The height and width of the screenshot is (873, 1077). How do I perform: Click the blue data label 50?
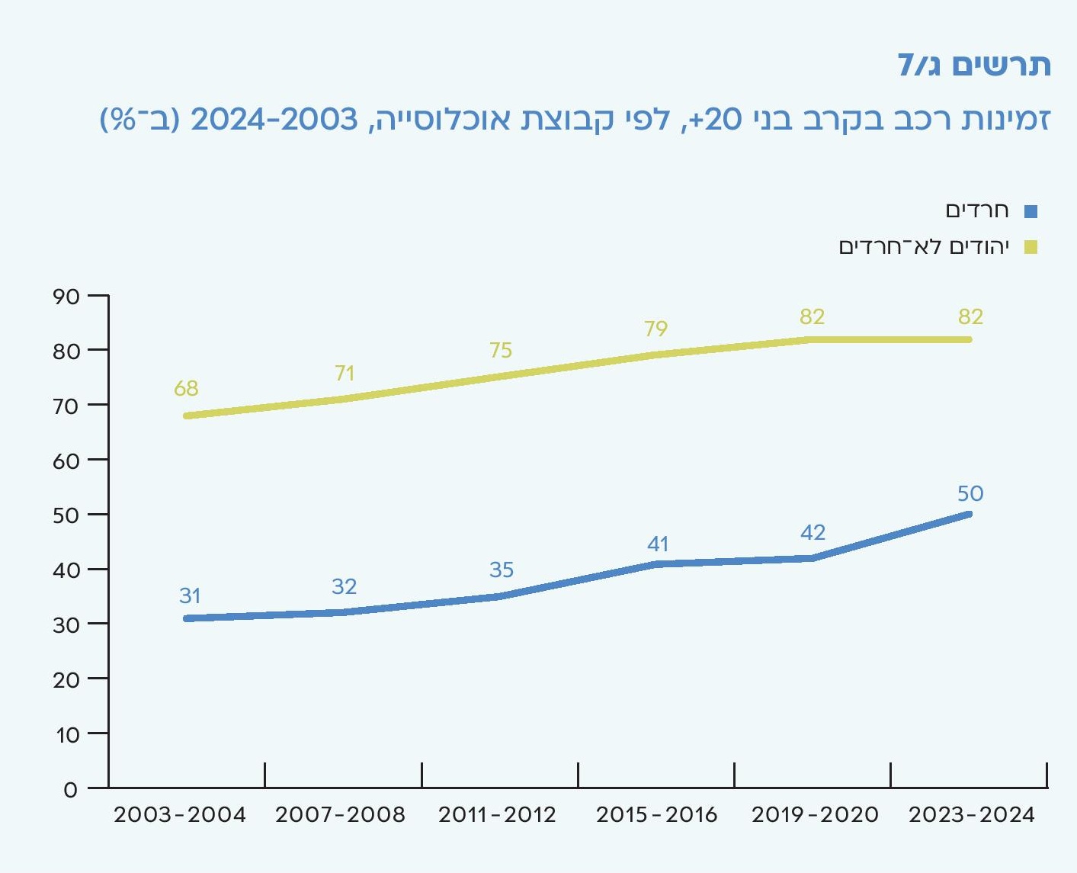pos(970,493)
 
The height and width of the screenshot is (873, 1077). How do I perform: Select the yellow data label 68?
pos(186,388)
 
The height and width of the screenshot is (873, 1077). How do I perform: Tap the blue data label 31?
pos(190,595)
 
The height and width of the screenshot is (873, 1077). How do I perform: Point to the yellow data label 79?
pos(655,329)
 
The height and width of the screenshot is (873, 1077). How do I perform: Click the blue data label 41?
pos(658,544)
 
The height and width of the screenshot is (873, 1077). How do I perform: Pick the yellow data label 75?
pos(500,350)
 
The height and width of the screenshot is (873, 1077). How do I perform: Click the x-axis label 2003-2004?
pos(180,814)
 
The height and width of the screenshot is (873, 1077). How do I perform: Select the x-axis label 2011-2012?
pos(497,814)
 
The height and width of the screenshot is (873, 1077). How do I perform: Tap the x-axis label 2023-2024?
pos(972,814)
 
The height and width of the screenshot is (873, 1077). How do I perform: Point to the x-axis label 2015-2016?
pos(656,814)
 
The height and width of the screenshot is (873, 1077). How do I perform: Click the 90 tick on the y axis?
pos(66,297)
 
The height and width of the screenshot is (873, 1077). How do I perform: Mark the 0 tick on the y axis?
pos(71,789)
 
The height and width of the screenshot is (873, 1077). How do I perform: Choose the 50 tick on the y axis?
pos(66,515)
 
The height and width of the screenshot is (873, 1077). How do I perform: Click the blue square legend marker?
pos(1031,211)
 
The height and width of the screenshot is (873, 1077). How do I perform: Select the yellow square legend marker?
pos(1031,247)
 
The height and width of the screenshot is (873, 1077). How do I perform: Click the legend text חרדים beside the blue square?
pos(977,210)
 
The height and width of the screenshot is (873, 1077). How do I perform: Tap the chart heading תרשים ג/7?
pos(973,66)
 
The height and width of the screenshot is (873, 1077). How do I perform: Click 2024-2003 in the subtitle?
pos(274,120)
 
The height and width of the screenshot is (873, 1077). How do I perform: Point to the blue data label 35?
pos(501,570)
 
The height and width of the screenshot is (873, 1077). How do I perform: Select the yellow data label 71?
pos(345,373)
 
